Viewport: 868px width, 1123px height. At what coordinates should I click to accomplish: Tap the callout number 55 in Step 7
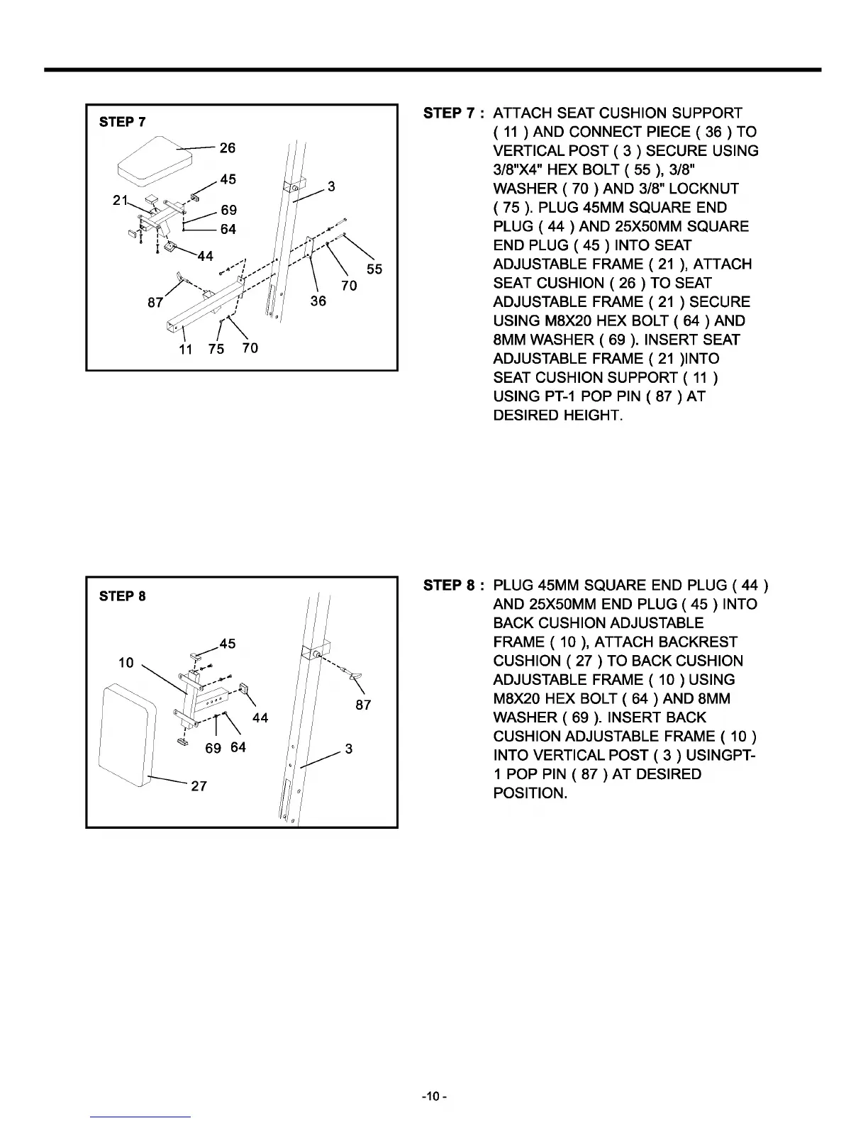pos(374,269)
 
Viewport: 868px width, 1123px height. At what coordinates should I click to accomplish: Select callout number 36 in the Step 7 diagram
pos(318,301)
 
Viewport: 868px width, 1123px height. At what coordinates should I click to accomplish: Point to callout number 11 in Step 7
pos(185,350)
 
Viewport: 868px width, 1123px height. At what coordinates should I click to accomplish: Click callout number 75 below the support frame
pos(216,349)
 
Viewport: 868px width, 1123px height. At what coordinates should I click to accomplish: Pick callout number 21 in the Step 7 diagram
pos(120,201)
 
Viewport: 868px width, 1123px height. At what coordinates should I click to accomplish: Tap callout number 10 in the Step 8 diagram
pos(126,662)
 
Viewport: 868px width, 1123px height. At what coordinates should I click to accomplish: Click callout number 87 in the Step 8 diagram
pos(363,705)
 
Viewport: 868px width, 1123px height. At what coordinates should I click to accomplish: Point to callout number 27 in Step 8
pos(199,786)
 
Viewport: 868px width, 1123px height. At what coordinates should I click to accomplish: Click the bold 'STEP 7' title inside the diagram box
pos(123,122)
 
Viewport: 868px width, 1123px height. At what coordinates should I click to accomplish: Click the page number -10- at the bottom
pos(434,1097)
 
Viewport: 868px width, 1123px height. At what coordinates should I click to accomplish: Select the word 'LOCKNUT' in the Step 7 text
pos(703,189)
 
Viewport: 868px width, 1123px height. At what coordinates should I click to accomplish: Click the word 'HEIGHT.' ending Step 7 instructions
pos(594,415)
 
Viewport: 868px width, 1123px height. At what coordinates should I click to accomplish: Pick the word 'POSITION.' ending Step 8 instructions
pos(530,793)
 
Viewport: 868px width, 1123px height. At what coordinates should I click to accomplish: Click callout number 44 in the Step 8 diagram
pos(260,717)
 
